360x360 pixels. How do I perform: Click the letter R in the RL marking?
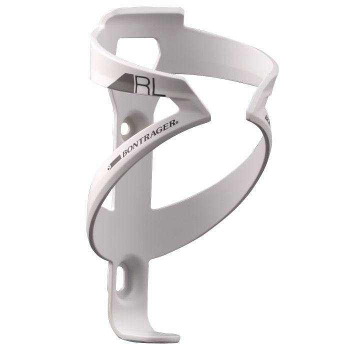click(142, 86)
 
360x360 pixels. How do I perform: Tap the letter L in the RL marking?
click(157, 87)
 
